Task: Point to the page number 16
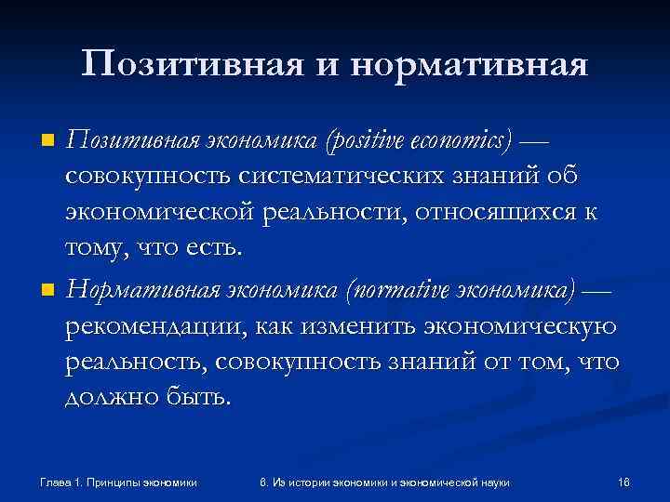pos(624,482)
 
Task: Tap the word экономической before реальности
pos(165,211)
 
